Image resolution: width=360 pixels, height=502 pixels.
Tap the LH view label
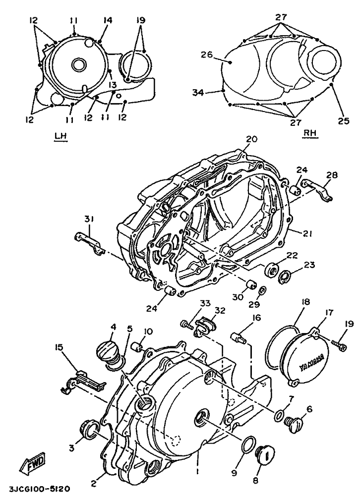[60, 136]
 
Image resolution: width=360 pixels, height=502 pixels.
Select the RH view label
[310, 133]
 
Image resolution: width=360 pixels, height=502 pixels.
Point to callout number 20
[252, 140]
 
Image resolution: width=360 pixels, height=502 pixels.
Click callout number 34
[198, 93]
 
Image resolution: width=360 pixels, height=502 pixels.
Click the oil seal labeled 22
[272, 268]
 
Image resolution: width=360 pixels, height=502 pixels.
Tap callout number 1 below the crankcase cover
[198, 472]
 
